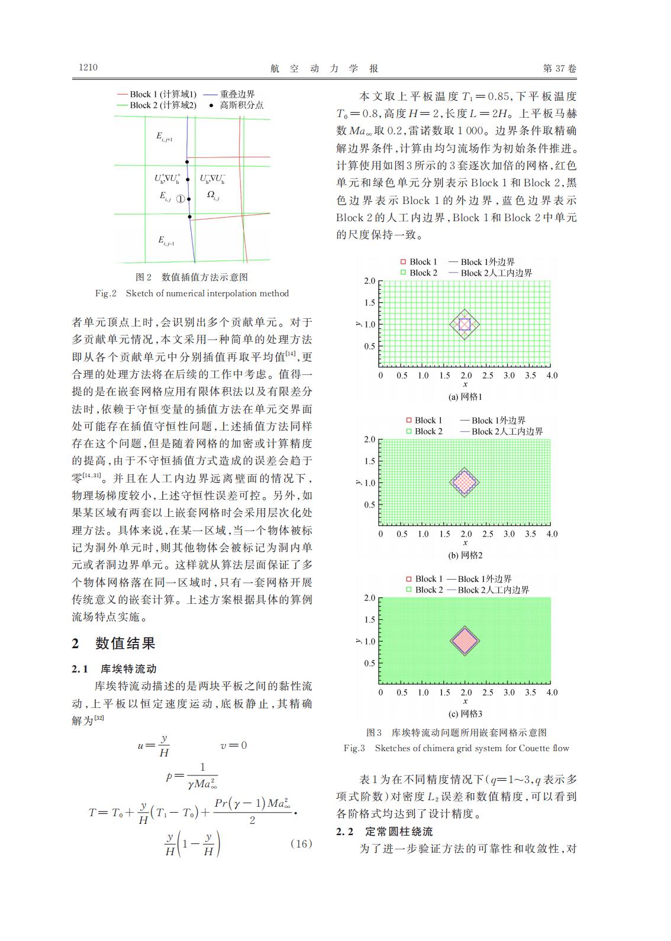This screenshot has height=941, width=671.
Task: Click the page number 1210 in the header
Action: pos(88,67)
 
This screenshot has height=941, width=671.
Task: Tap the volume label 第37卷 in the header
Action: pos(559,69)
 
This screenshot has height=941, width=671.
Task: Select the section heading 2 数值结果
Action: pos(114,643)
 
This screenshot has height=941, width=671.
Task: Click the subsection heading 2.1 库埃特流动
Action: pos(114,669)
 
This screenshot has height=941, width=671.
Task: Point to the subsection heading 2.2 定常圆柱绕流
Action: pos(385,832)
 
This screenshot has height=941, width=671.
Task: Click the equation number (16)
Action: pos(301,843)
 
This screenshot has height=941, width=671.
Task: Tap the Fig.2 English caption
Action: pos(192,293)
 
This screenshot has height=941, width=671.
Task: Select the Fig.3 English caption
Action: pos(456,748)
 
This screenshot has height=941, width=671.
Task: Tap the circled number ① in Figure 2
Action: pos(181,199)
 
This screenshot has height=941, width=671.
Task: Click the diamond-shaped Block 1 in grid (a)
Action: pos(464,324)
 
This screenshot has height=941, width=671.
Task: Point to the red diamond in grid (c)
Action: pos(464,641)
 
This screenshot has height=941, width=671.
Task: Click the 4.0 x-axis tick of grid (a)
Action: pos(551,376)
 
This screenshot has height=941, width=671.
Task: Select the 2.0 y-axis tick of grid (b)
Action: pos(369,439)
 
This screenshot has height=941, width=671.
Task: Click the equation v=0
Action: pos(233,745)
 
